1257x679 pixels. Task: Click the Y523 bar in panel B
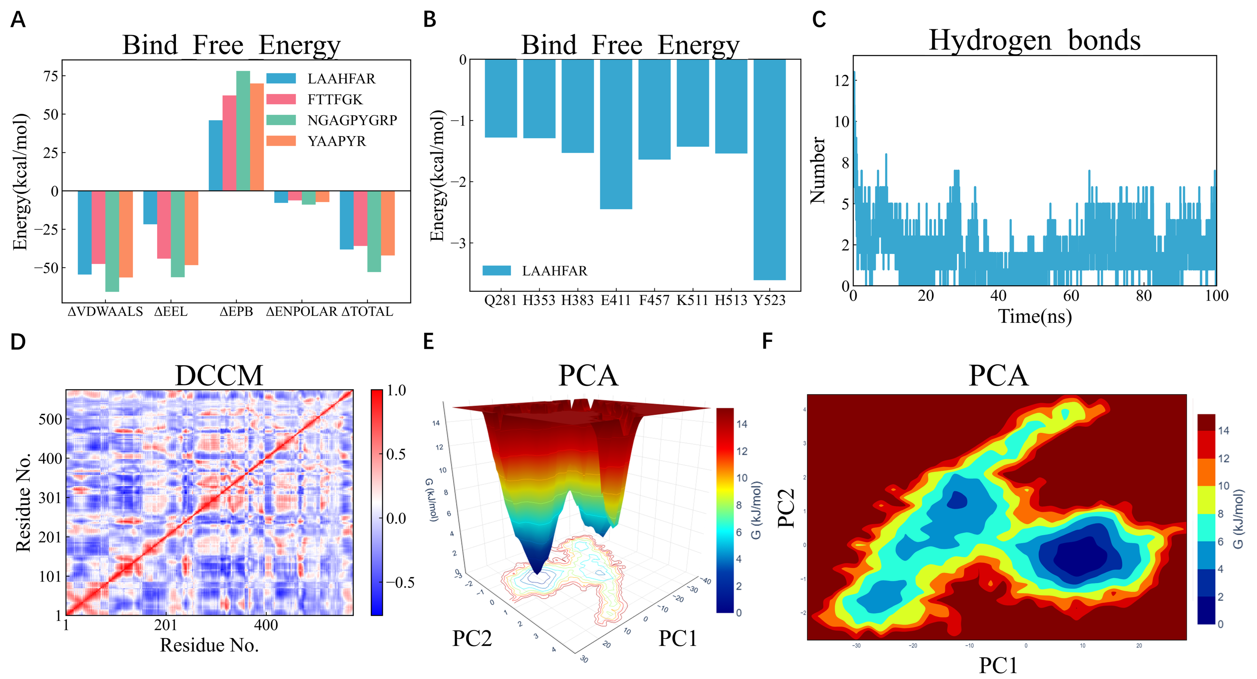770,169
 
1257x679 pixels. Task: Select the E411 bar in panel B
616,134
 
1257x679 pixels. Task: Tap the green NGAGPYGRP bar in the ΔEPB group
243,131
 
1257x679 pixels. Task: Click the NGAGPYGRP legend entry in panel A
332,120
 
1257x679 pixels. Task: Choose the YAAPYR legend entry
316,141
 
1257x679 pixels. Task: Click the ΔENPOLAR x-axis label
301,311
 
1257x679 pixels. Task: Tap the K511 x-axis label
692,300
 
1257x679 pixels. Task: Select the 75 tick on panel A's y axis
51,76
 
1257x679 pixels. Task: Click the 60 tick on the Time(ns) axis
1071,296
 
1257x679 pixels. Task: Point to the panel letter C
819,19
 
